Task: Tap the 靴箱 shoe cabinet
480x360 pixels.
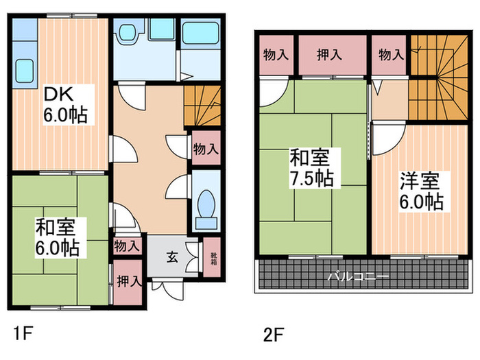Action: tap(211, 257)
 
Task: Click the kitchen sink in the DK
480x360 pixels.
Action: tap(24, 69)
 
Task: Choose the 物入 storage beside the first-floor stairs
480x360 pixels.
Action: tap(206, 148)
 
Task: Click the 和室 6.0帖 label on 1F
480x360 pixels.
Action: tap(58, 237)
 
